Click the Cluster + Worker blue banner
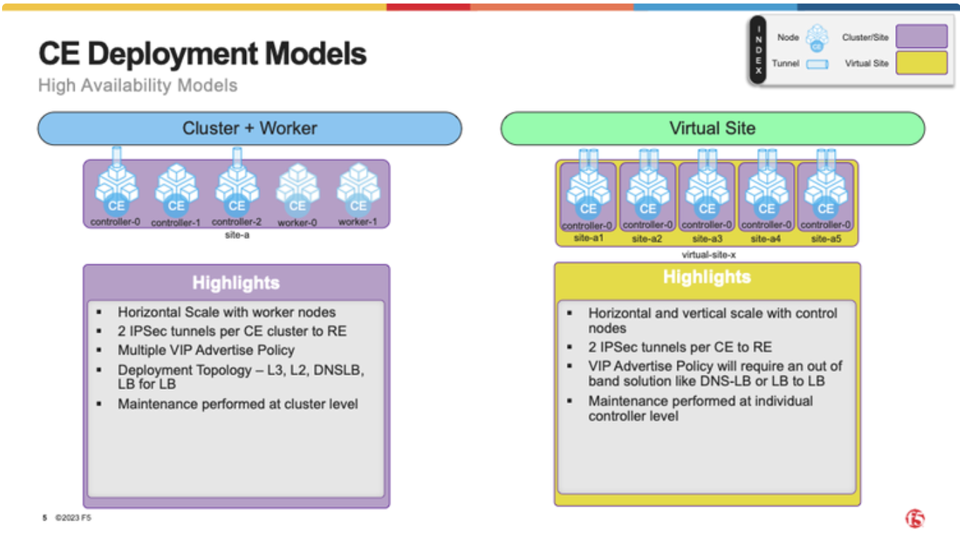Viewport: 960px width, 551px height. (x=250, y=128)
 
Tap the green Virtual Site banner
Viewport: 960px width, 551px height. (x=713, y=128)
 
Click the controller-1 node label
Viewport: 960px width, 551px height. (x=176, y=223)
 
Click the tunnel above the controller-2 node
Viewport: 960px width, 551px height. (x=237, y=157)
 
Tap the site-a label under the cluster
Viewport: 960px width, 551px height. (x=237, y=235)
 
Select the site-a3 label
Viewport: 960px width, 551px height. (x=707, y=239)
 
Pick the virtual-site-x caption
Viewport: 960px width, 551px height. (x=708, y=255)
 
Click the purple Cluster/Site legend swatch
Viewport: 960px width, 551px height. (x=921, y=36)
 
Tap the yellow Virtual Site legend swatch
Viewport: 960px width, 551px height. (x=921, y=63)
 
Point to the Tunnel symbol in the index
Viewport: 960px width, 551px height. (x=817, y=64)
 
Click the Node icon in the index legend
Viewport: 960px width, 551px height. (x=817, y=38)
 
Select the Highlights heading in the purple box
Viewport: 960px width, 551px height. (x=236, y=283)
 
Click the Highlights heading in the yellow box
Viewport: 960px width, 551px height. (x=707, y=277)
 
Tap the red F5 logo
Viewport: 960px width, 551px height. (x=915, y=519)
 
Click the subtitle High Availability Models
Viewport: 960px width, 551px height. (x=137, y=85)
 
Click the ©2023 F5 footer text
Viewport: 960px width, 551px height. (x=73, y=518)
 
